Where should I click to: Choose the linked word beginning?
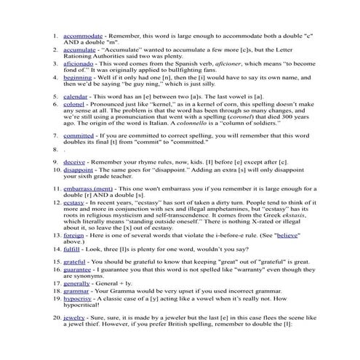point(78,77)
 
